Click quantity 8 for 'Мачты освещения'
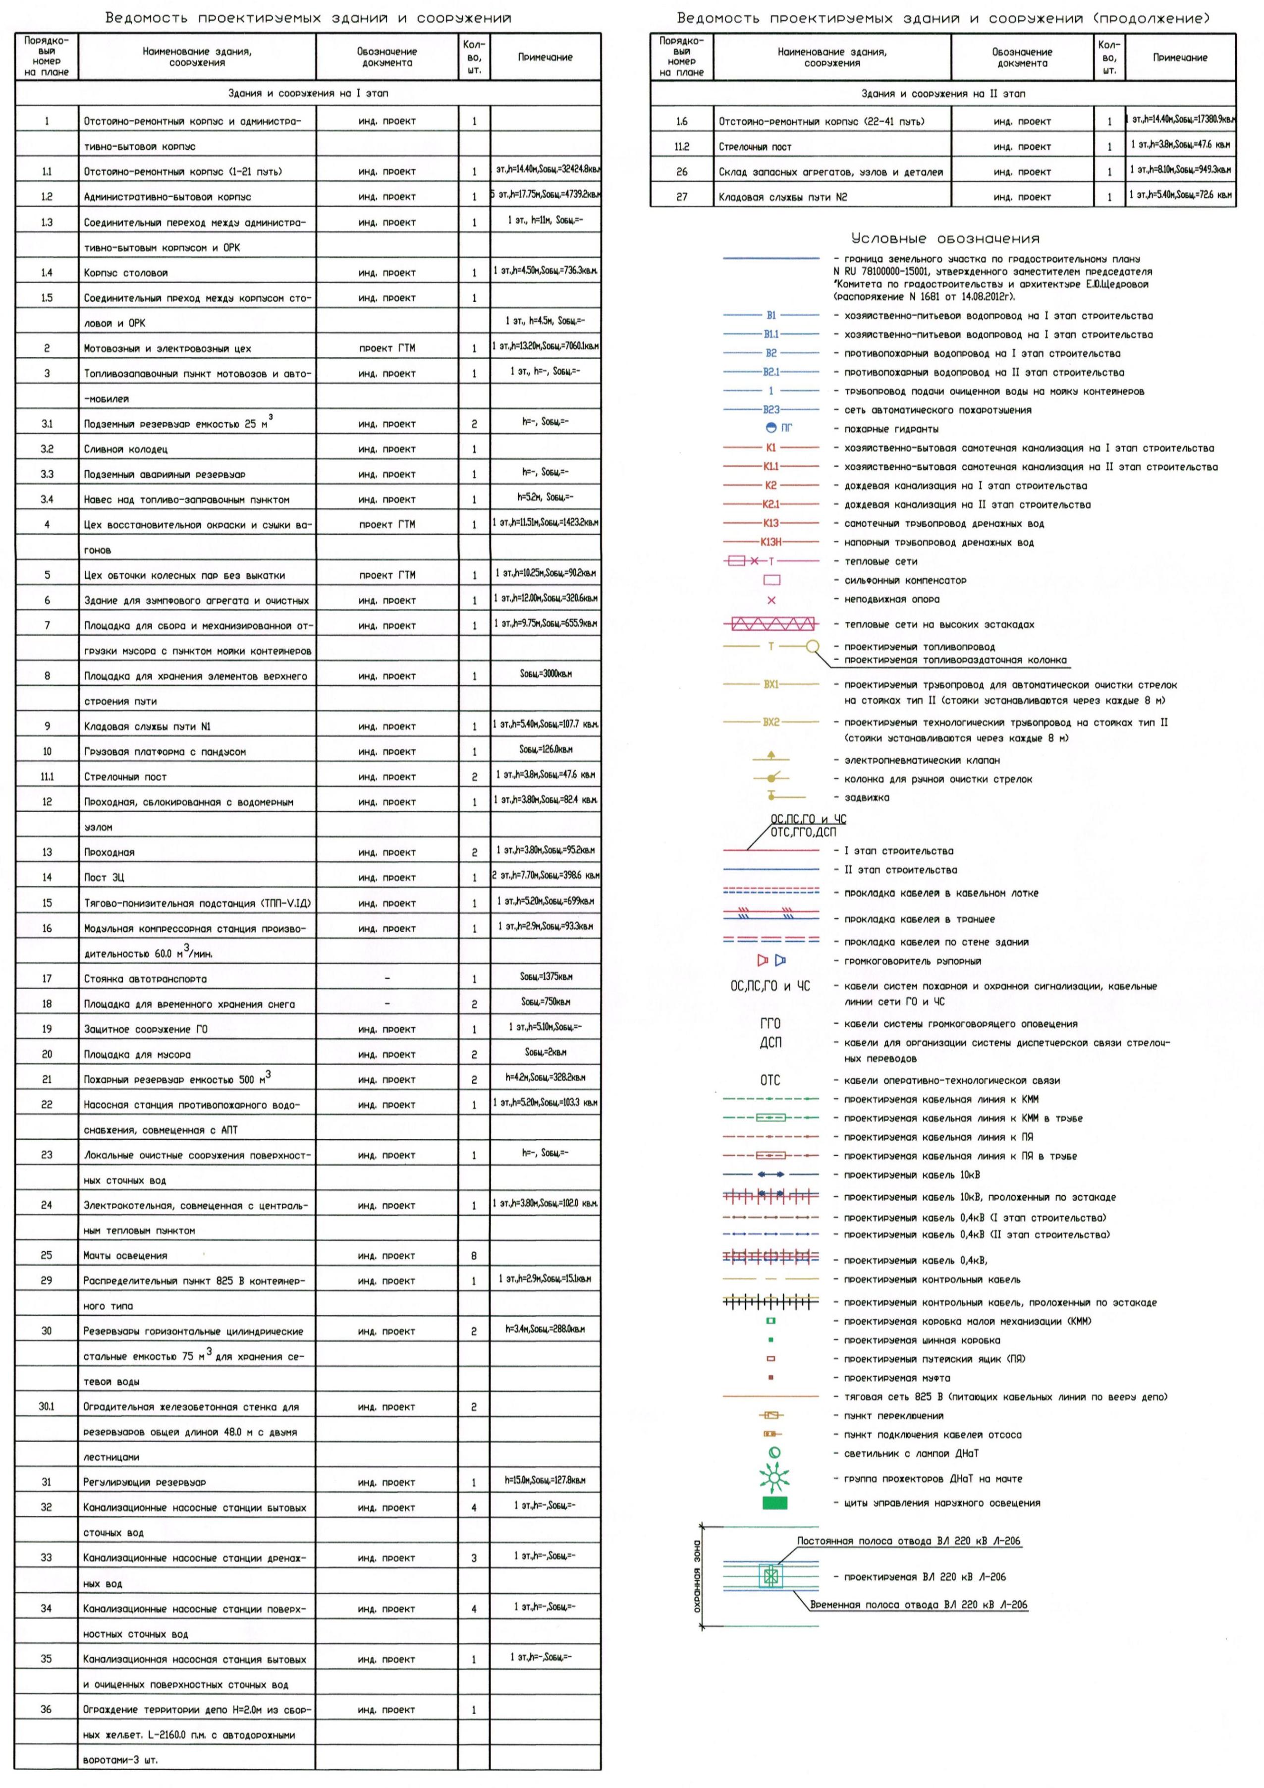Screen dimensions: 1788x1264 pos(474,1255)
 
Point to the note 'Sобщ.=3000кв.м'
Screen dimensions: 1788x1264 pos(545,673)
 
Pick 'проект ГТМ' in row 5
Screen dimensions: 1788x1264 pos(387,575)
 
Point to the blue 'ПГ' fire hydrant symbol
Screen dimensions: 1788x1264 pos(772,428)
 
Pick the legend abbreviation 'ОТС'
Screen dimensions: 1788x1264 pos(769,1080)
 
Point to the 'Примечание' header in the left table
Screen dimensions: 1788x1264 pos(545,57)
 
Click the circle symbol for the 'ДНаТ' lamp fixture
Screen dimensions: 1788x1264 pos(774,1453)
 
